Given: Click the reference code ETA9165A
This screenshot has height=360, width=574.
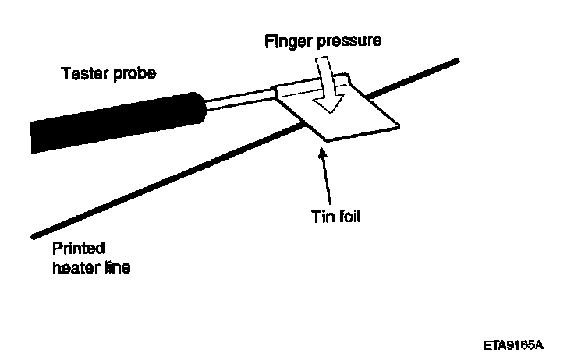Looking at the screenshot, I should click(x=512, y=343).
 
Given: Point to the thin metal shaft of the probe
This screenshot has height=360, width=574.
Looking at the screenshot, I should click(x=238, y=97).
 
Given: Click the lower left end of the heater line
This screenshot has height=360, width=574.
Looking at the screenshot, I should click(x=33, y=234).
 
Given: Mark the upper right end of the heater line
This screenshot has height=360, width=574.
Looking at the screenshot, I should click(x=458, y=61).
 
